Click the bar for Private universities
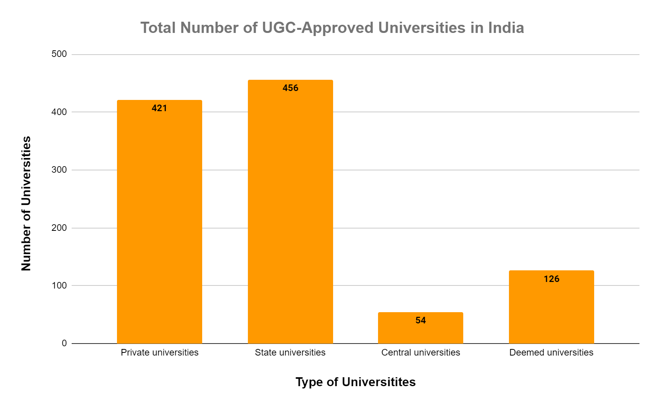(x=159, y=225)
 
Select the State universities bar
(x=290, y=217)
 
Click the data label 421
(x=159, y=108)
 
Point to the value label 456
(x=290, y=88)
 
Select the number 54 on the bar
(x=420, y=320)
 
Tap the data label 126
(x=551, y=279)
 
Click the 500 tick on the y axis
(x=59, y=54)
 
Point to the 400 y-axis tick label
(x=59, y=112)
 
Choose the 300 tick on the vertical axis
(x=59, y=170)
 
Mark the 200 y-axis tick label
(x=59, y=228)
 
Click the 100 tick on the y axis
(x=59, y=285)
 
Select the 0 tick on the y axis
(x=64, y=343)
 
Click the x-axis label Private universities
(x=159, y=352)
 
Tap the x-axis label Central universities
(x=420, y=352)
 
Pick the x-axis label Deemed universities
(x=551, y=352)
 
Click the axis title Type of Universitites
(x=355, y=382)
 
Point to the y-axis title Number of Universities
(x=26, y=203)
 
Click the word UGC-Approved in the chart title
(x=318, y=28)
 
